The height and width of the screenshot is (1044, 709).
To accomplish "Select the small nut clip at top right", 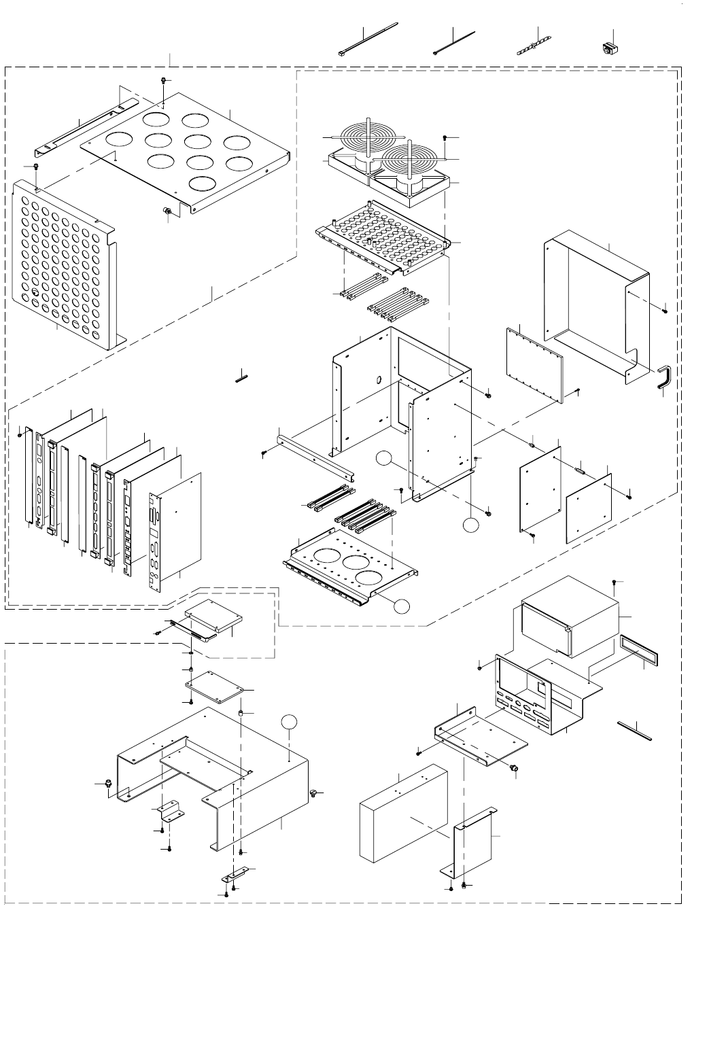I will pyautogui.click(x=609, y=48).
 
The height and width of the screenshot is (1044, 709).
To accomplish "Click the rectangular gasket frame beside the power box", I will pyautogui.click(x=640, y=650).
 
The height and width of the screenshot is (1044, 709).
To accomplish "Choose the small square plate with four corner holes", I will pyautogui.click(x=214, y=688).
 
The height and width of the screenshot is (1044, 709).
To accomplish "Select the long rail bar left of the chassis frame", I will pyautogui.click(x=316, y=455).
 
